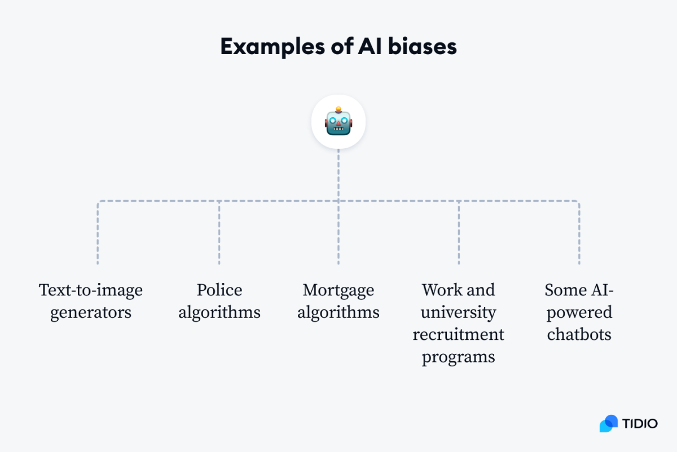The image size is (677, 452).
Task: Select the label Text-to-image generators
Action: click(x=91, y=301)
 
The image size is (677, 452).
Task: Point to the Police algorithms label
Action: click(x=219, y=301)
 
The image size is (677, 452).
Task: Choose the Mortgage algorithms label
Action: click(x=338, y=301)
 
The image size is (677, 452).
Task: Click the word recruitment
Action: click(x=458, y=334)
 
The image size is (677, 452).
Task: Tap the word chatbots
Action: click(x=579, y=334)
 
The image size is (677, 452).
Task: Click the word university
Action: click(x=459, y=312)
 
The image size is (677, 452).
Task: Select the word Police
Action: click(x=219, y=290)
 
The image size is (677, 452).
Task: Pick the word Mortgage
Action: click(x=338, y=290)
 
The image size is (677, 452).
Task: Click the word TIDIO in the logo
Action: click(x=640, y=423)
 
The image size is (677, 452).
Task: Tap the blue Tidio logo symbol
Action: click(x=609, y=423)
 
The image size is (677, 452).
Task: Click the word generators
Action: click(x=91, y=312)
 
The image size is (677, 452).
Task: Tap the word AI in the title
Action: click(x=370, y=47)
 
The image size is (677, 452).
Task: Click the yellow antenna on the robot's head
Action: click(x=338, y=109)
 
